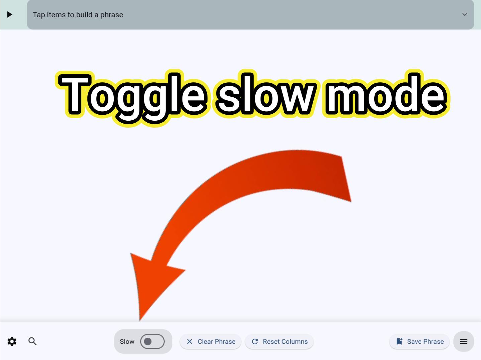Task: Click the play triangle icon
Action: coord(10,14)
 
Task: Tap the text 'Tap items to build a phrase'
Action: coord(78,15)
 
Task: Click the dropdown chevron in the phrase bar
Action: coord(464,14)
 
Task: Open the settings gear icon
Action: coord(12,341)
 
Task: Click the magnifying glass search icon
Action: coord(32,341)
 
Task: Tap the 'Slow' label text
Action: coord(127,342)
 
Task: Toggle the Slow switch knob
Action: coord(148,342)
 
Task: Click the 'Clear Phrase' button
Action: coord(210,342)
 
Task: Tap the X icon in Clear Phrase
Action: coord(189,342)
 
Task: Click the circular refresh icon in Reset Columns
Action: coord(255,342)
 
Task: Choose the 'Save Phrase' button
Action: coord(419,342)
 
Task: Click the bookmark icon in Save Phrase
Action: coord(399,342)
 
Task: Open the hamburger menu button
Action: coord(464,342)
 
